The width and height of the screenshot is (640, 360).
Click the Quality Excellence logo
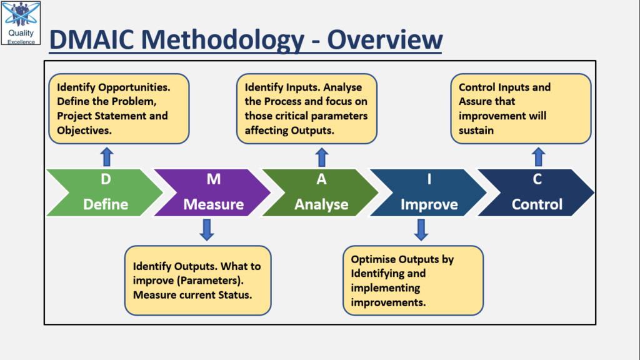(x=21, y=23)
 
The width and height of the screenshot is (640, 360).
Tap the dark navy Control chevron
(x=536, y=192)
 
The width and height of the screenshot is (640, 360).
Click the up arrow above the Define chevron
(x=106, y=156)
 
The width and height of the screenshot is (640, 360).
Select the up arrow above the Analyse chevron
(x=321, y=156)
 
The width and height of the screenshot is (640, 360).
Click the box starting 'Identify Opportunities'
(x=119, y=109)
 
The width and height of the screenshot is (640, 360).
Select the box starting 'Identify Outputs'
(x=197, y=280)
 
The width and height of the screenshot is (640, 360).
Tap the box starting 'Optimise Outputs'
(x=412, y=280)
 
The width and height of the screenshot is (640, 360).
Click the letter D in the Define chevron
(x=106, y=179)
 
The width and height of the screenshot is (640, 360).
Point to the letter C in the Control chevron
(x=537, y=179)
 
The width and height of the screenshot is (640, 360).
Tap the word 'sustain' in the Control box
(x=476, y=130)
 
